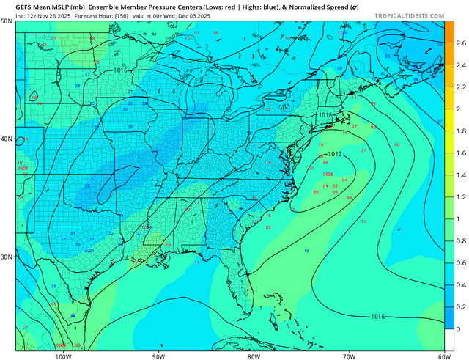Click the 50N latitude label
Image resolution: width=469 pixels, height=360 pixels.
point(7,21)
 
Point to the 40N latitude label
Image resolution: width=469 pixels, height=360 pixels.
point(7,139)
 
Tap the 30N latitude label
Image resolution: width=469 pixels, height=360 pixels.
point(7,257)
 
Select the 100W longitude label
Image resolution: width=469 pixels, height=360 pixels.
point(64,356)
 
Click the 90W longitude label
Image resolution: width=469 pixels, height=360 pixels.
point(158,356)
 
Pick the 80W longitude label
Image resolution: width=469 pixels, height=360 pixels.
point(254,356)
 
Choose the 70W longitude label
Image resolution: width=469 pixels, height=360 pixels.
point(349,356)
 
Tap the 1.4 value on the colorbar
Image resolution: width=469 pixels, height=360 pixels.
point(460,175)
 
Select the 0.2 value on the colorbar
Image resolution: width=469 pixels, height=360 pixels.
point(460,307)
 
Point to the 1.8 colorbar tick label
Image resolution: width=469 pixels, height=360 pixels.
point(460,131)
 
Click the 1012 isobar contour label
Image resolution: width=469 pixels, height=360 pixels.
point(336,155)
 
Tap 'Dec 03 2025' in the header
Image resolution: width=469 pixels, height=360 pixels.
point(213,14)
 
